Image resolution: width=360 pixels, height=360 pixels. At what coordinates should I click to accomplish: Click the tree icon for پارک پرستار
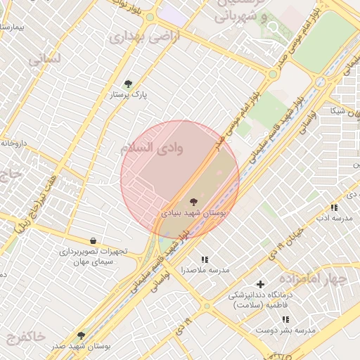(x=127, y=84)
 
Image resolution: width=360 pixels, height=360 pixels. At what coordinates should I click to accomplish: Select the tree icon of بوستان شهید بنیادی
(x=194, y=202)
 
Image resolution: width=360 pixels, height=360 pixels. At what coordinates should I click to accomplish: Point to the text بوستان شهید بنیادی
(x=194, y=212)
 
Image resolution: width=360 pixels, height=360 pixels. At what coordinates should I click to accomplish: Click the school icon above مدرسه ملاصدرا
(x=205, y=259)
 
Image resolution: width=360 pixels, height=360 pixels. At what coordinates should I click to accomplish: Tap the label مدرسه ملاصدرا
(x=205, y=270)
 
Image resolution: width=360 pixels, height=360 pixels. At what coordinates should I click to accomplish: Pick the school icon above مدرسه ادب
(x=334, y=207)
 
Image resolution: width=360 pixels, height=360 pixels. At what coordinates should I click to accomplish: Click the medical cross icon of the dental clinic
(x=260, y=285)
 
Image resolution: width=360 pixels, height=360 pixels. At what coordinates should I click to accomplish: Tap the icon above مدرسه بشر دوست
(x=285, y=319)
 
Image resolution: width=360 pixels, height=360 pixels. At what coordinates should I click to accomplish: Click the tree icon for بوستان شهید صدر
(x=81, y=336)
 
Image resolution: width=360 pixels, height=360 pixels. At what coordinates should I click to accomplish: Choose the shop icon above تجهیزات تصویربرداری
(x=93, y=241)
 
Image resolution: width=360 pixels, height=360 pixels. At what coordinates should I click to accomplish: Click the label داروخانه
(x=13, y=143)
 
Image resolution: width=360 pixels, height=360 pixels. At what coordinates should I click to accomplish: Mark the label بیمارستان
(x=13, y=27)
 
